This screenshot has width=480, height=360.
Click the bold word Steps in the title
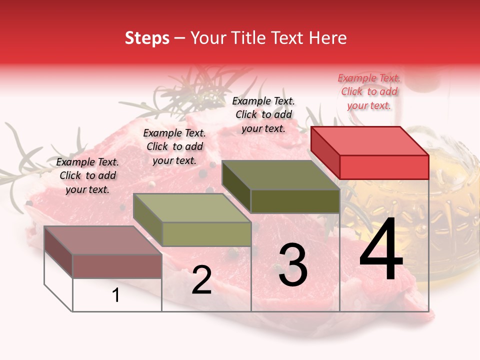pos(147,38)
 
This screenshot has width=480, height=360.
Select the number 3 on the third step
pos(292,265)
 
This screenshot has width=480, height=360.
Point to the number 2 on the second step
pos(201,280)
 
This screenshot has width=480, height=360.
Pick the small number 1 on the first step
pos(116,295)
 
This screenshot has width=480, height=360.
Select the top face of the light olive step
pos(192,208)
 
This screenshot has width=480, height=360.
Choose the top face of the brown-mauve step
pos(103,240)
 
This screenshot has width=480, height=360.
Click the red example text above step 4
pos(369,91)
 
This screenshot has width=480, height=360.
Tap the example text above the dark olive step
pos(263,114)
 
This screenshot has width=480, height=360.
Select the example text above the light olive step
pos(174,146)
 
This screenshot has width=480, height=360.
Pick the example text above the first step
pos(87,175)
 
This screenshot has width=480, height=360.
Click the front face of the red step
pos(384,167)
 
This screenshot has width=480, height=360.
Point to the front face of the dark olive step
pos(295,201)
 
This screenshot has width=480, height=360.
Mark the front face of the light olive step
pos(206,234)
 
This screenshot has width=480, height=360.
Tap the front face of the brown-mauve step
pos(117,266)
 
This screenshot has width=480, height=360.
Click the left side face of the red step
pos(325,152)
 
